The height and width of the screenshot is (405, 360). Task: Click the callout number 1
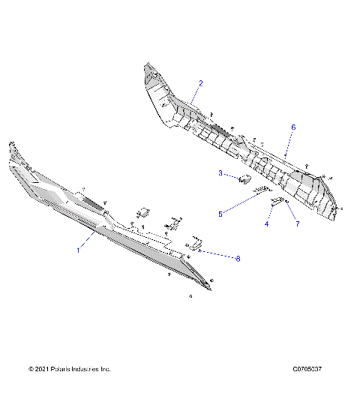click(x=78, y=251)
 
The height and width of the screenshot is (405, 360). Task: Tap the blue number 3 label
click(x=220, y=174)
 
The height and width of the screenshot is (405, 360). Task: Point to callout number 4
click(x=267, y=223)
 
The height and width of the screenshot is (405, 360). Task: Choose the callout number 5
click(x=220, y=214)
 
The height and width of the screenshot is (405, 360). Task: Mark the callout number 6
click(x=293, y=127)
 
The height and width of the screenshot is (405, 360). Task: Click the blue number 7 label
click(x=297, y=223)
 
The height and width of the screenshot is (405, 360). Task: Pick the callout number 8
click(x=238, y=259)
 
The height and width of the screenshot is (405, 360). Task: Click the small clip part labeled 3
click(x=244, y=178)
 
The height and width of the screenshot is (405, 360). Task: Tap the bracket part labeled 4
click(x=277, y=203)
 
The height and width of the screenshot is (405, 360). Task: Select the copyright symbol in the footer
click(x=31, y=370)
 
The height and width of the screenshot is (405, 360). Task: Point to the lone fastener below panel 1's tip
click(x=190, y=297)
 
